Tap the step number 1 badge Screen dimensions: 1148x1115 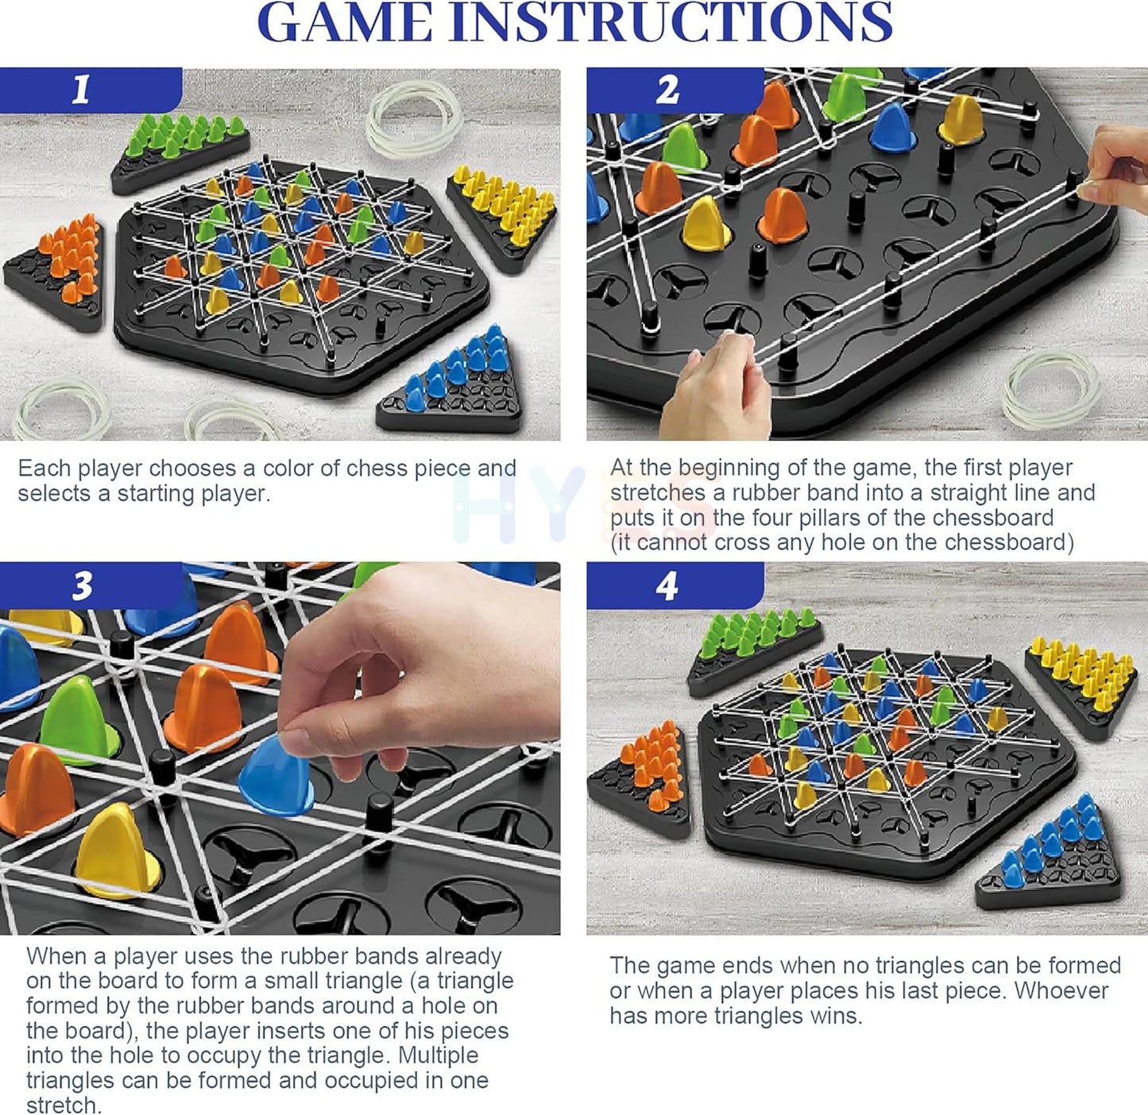(91, 90)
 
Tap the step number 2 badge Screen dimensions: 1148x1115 (674, 90)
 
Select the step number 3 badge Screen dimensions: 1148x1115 (91, 585)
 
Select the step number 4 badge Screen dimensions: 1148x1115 (674, 585)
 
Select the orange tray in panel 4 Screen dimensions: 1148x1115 (640, 775)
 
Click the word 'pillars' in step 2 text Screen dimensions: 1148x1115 (849, 517)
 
